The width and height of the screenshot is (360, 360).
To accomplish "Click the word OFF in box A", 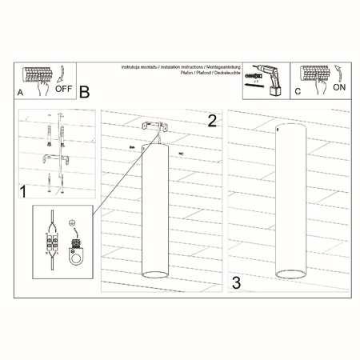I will coord(66,90).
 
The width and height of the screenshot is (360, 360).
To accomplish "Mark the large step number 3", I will coord(236,282).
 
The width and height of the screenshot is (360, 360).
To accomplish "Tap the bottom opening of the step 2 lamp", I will coord(155,274).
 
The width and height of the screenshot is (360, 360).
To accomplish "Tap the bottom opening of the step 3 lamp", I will coord(290,274).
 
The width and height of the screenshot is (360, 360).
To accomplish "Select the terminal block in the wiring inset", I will coord(54,241).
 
